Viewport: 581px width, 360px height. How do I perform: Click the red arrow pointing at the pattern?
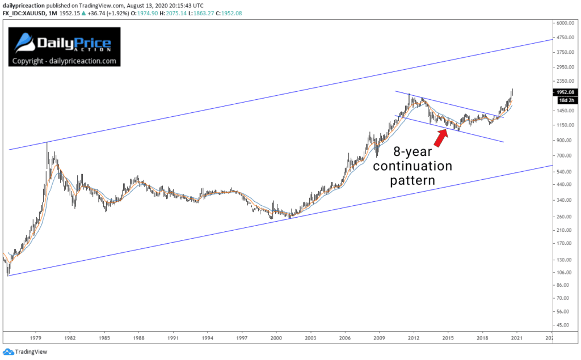tap(441, 136)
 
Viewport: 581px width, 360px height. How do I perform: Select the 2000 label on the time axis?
tap(276, 337)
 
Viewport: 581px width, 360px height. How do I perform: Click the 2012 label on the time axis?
tap(414, 337)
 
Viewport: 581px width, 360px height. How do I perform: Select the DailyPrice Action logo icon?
tap(24, 43)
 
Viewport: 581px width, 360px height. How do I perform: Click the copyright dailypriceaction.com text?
tap(64, 61)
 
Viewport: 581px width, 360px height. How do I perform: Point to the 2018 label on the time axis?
tap(482, 337)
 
